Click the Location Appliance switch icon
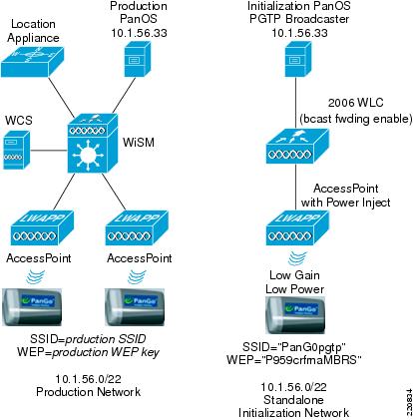[32, 62]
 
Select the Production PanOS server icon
[137, 59]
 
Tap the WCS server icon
[16, 150]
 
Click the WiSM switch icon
[93, 144]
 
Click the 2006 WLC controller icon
[297, 146]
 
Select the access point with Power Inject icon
[297, 228]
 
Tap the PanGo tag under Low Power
[295, 314]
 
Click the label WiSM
[139, 143]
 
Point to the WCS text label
[19, 120]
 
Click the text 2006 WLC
[355, 103]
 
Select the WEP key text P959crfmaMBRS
[311, 360]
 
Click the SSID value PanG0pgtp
[312, 347]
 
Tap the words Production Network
[88, 392]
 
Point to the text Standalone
[293, 400]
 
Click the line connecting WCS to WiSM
[49, 151]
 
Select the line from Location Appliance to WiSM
[62, 98]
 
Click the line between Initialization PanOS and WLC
[296, 103]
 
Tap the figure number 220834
[409, 402]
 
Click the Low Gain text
[294, 275]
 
